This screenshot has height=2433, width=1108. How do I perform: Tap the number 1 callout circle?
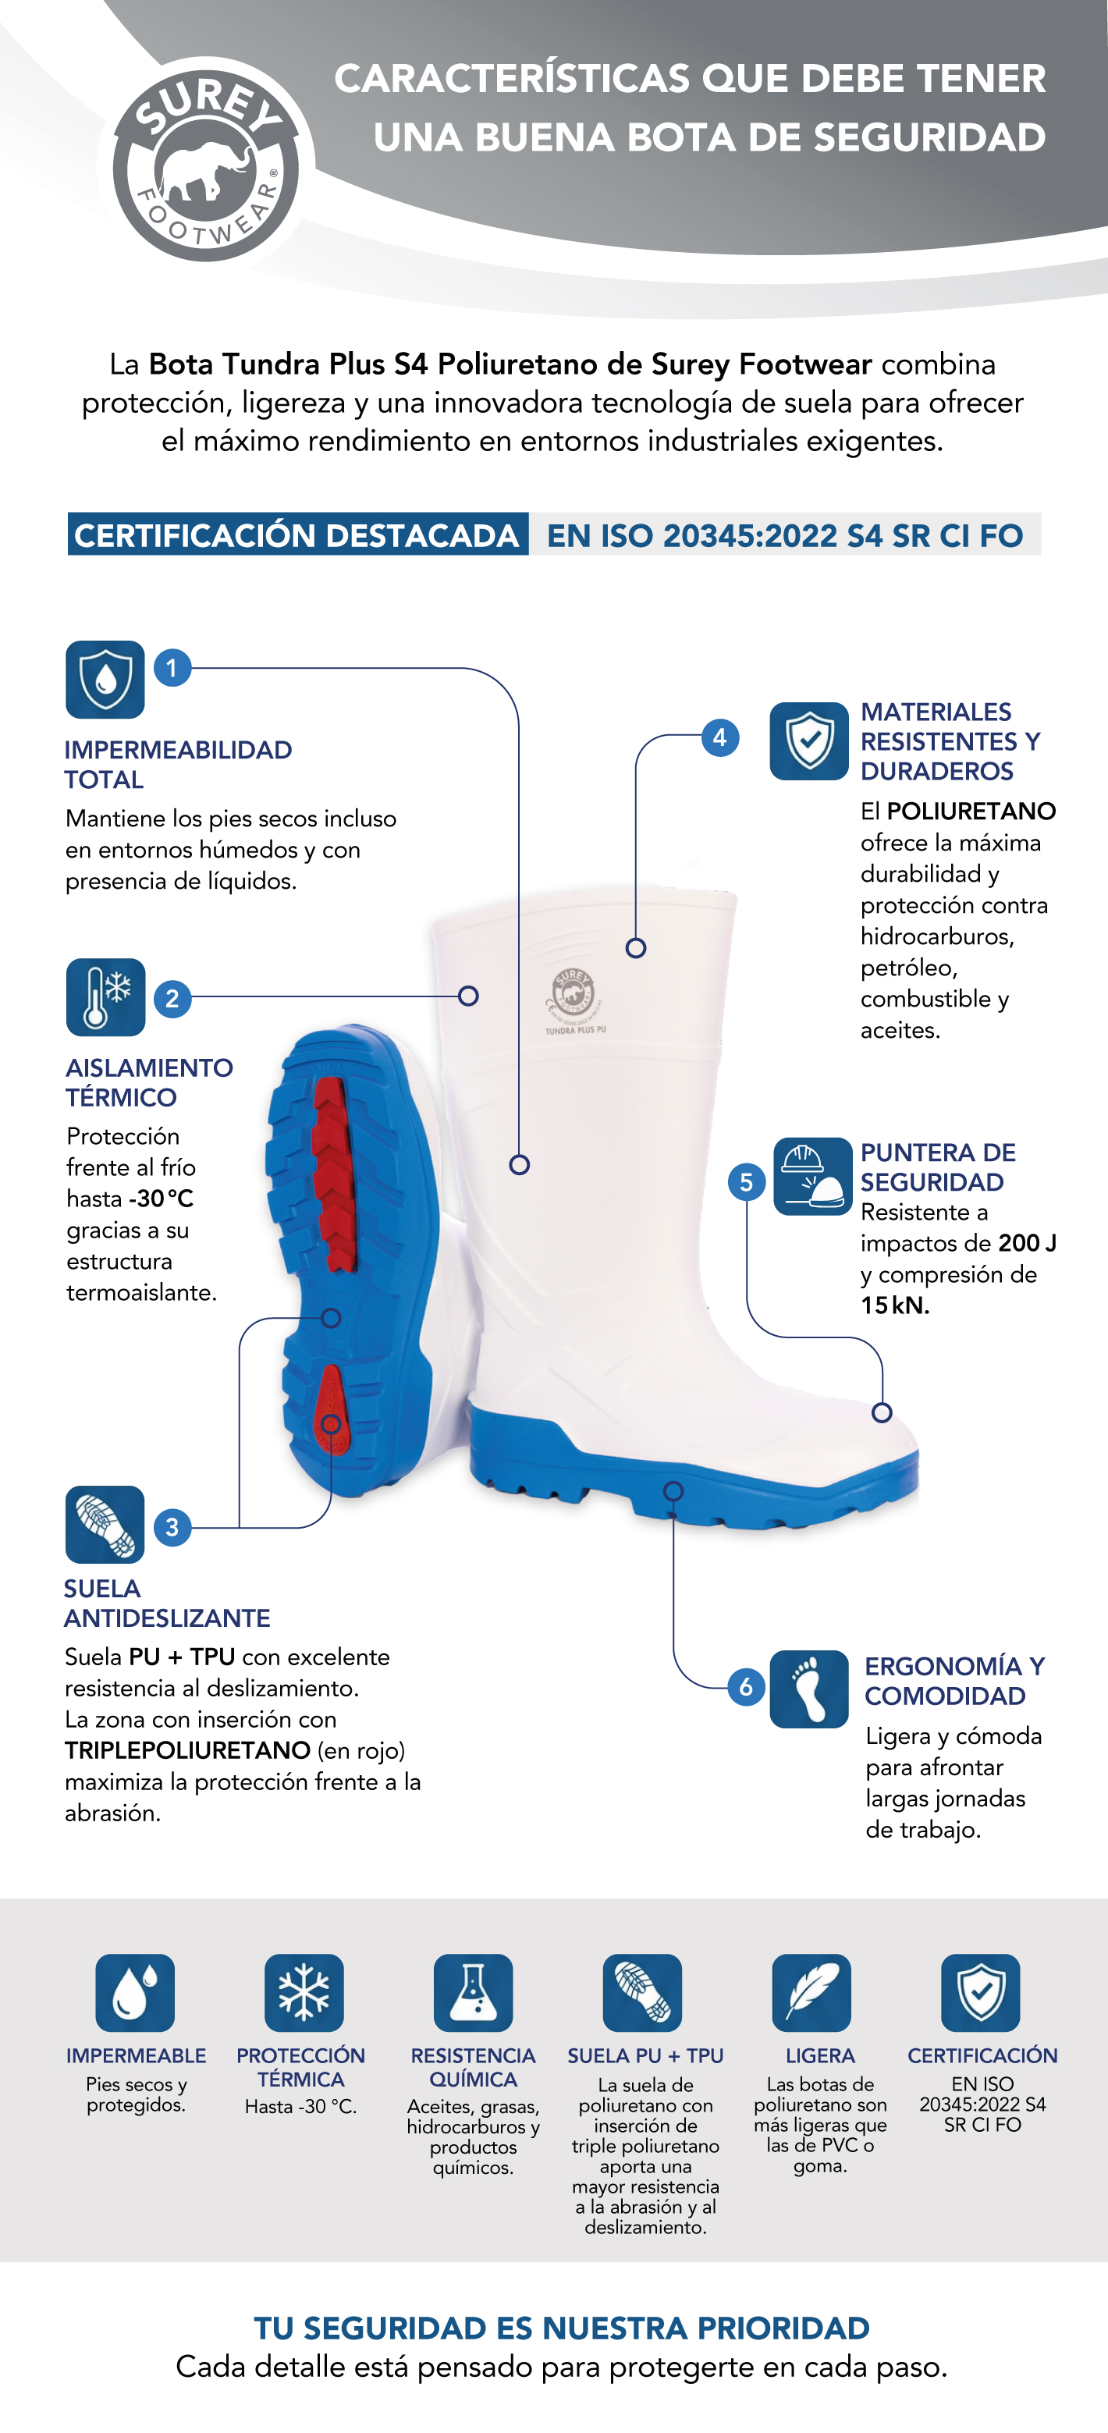[172, 669]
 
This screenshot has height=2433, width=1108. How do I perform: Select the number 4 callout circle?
[719, 737]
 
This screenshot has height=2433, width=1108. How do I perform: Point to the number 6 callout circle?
[746, 1686]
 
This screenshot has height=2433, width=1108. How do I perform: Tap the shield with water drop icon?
[105, 679]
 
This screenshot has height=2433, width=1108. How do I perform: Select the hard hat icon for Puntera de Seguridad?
[812, 1176]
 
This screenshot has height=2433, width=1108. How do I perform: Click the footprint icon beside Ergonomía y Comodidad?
[809, 1689]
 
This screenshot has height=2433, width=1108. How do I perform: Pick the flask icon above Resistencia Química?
[473, 1993]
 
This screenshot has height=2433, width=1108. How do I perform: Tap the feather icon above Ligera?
[811, 1993]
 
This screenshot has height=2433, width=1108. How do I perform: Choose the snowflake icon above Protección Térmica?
[304, 1993]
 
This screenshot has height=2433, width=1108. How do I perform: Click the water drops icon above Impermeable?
[135, 1993]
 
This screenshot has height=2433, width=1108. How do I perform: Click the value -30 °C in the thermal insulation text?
[162, 1199]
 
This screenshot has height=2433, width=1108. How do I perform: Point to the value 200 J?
[1028, 1243]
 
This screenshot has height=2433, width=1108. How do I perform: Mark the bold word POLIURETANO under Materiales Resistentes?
[971, 812]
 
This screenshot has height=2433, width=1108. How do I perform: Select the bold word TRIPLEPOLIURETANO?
[187, 1750]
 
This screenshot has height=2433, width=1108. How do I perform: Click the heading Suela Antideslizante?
[167, 1603]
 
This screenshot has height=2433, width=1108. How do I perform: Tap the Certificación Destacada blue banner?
[297, 535]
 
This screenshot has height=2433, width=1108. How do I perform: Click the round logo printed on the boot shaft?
[574, 995]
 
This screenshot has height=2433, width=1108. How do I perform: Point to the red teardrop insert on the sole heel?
[331, 1410]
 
